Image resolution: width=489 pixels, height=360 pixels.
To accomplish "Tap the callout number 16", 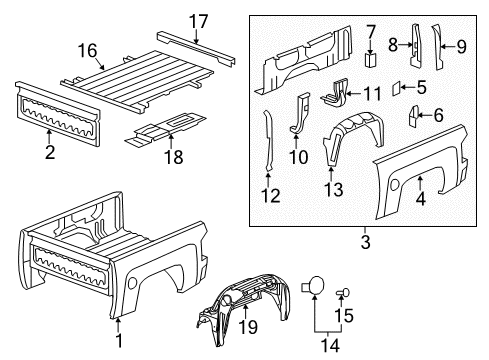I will (87, 49).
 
